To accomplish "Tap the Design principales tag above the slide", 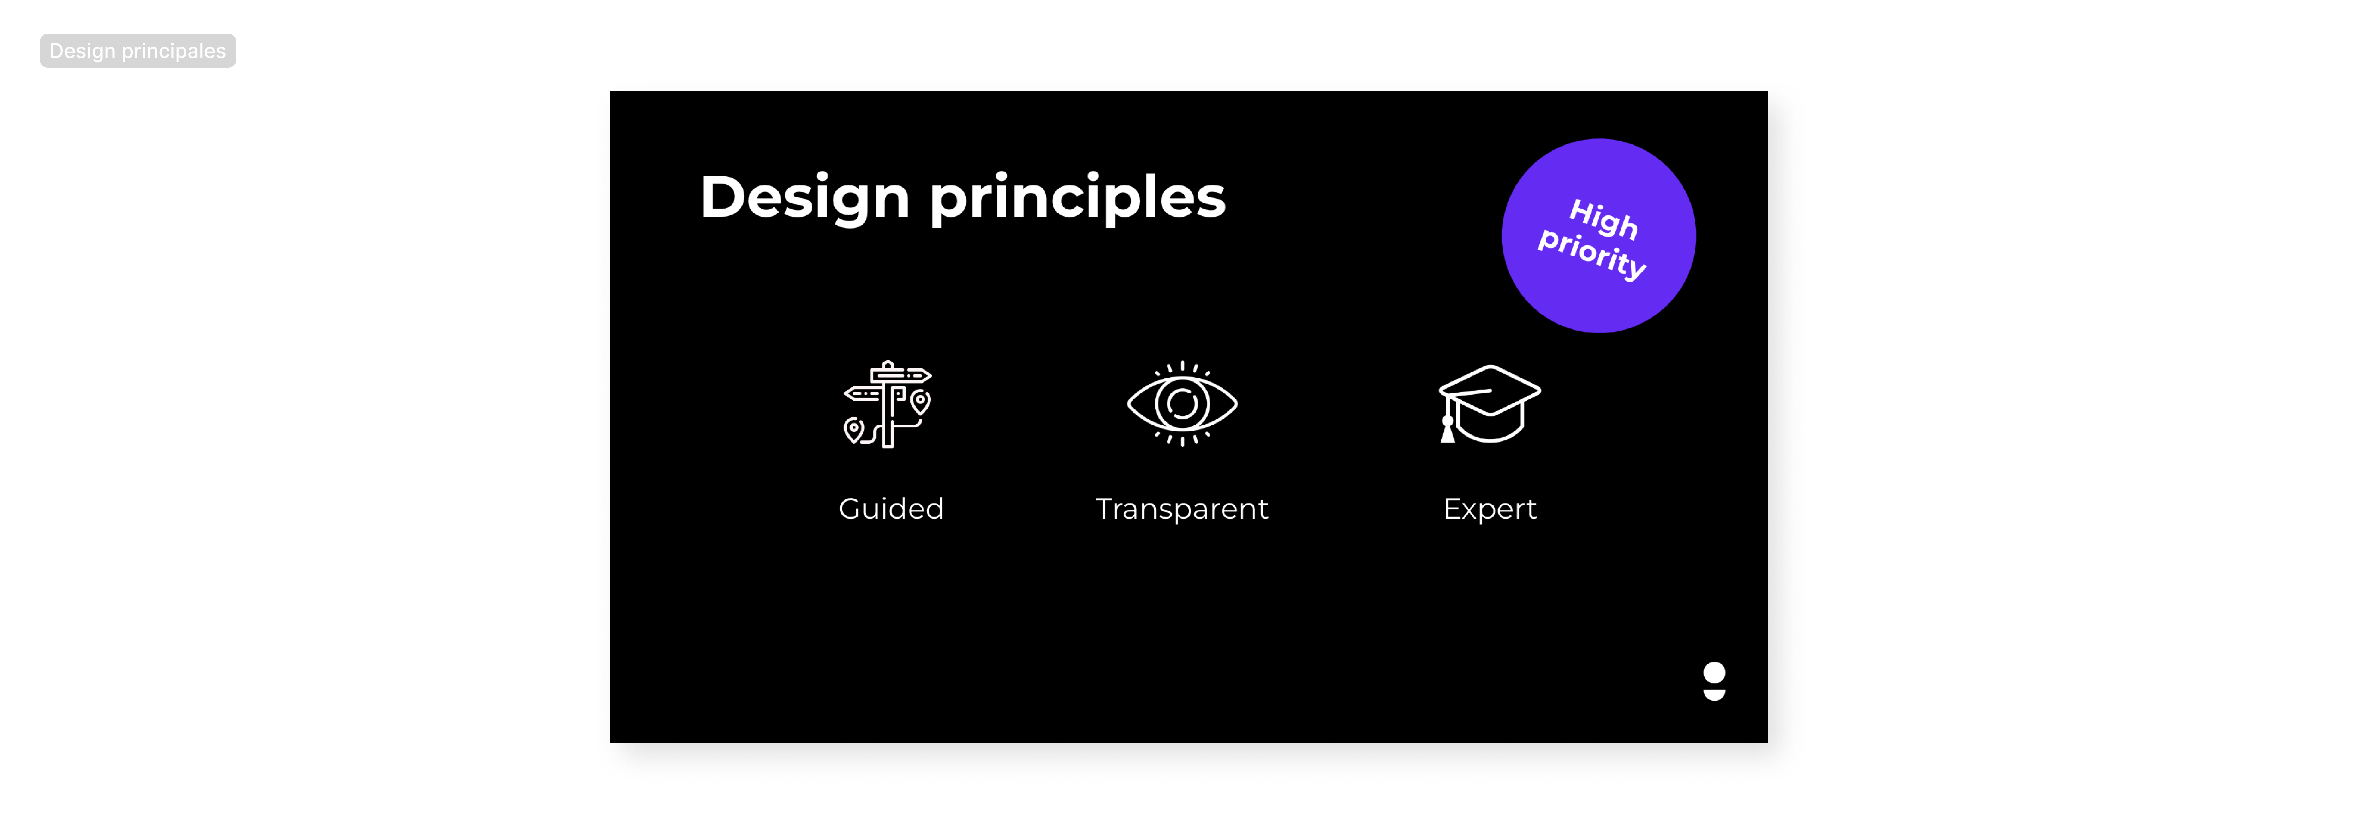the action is (x=138, y=51).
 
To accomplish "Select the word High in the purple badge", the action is (x=1603, y=219).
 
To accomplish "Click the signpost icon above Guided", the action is (x=887, y=404).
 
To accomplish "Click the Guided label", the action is (x=891, y=509).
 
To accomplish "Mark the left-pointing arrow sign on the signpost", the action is (x=862, y=393).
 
